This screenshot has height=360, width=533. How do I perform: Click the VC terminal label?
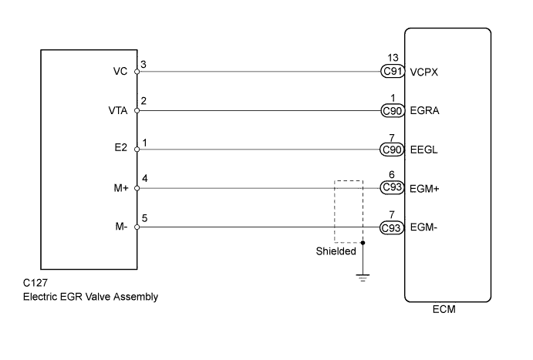click(120, 72)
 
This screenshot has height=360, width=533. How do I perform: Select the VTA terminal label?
click(117, 110)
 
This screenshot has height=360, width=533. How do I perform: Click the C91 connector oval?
click(393, 72)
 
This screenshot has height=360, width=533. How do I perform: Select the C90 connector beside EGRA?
click(393, 110)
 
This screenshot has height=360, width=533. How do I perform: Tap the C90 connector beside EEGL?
click(393, 149)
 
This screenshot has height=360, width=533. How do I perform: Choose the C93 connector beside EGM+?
click(393, 187)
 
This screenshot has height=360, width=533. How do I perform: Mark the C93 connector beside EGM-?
click(393, 227)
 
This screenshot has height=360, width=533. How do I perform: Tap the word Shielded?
click(336, 251)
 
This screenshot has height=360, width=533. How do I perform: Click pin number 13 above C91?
click(393, 59)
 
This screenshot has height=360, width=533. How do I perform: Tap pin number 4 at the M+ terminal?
click(144, 179)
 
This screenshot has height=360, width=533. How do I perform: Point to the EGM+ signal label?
click(427, 187)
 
